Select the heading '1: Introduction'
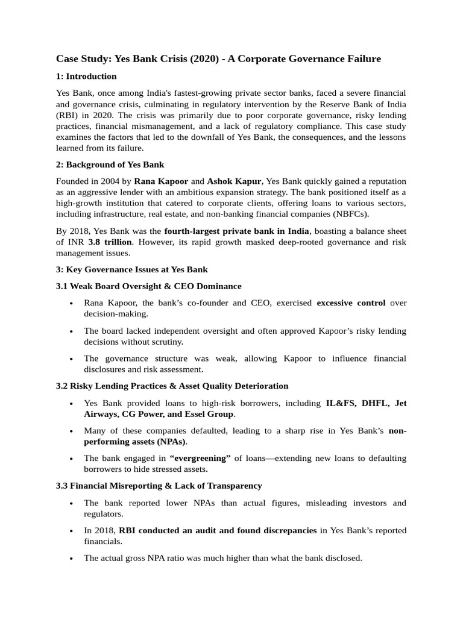tap(86, 77)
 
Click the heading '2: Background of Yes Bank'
tap(110, 164)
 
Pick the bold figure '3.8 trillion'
tap(110, 242)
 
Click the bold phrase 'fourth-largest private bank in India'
tap(236, 231)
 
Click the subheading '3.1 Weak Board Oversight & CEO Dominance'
tap(148, 286)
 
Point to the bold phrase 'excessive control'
tap(351, 303)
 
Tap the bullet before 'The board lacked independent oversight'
tap(72, 331)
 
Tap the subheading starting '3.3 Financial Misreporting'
tap(159, 486)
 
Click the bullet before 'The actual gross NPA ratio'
tap(72, 559)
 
